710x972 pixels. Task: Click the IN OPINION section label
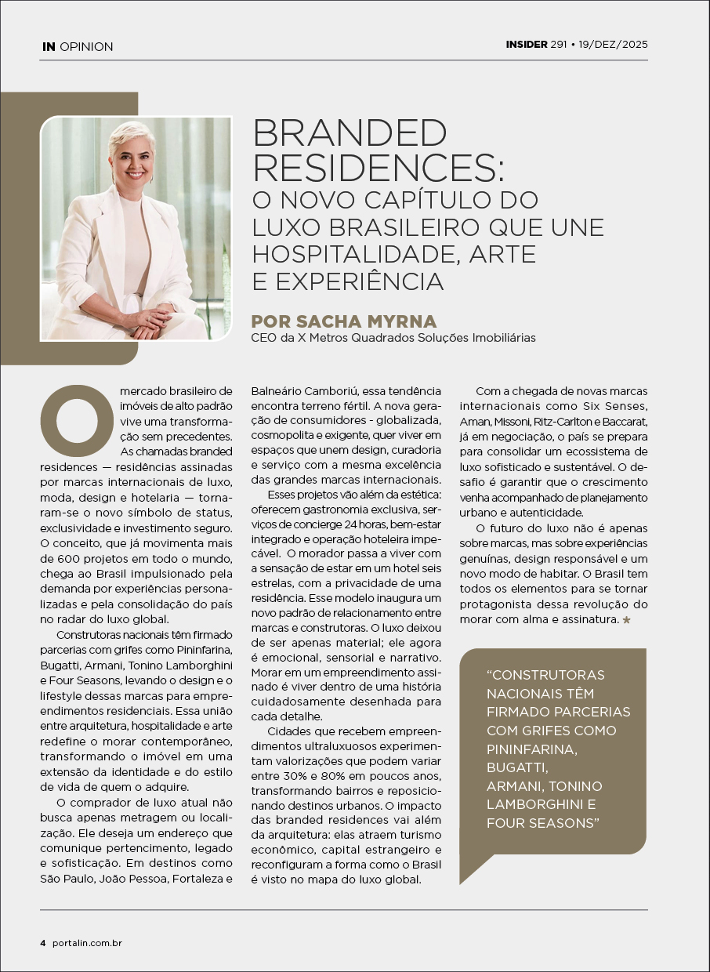coord(78,47)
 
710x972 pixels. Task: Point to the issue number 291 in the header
coord(558,45)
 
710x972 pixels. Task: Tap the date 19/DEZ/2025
coord(614,45)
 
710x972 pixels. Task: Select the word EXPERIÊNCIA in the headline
coord(359,281)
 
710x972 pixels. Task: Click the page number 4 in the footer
coord(43,942)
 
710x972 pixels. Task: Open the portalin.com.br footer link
coord(87,942)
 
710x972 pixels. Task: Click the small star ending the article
coord(625,620)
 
